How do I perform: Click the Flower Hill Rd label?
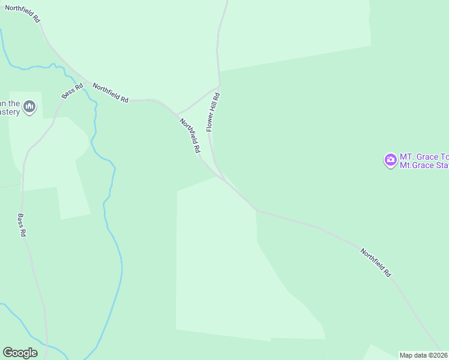(213, 112)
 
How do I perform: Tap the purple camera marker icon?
(390, 160)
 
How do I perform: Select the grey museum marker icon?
(30, 108)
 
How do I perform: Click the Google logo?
(20, 353)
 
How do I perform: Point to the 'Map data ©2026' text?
(424, 355)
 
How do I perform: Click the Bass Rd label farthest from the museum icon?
(22, 224)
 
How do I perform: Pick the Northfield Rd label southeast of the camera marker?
(376, 262)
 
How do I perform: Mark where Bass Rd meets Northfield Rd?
(87, 81)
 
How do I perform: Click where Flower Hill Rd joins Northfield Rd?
(227, 180)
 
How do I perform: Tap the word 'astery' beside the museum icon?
(10, 112)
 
